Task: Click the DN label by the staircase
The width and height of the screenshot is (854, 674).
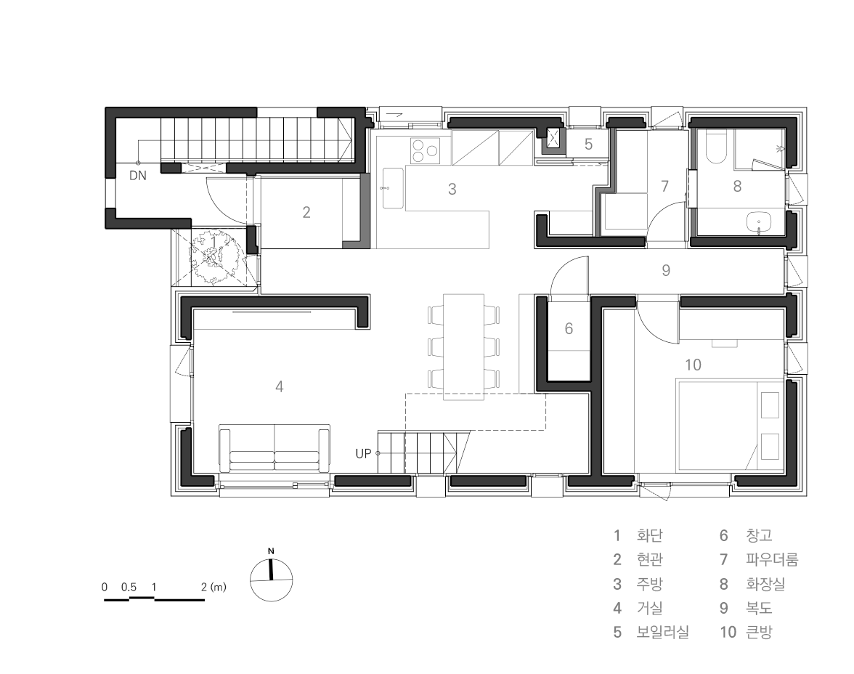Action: [x=138, y=176]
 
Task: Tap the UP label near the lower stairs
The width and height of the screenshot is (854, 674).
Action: [x=363, y=453]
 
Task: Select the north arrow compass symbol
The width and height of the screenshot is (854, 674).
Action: [x=272, y=580]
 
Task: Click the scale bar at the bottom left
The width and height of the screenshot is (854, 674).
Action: [x=155, y=599]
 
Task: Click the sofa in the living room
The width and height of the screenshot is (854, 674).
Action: [x=274, y=449]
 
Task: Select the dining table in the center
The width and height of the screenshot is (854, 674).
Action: [x=463, y=347]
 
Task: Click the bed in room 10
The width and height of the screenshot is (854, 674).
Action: [x=730, y=426]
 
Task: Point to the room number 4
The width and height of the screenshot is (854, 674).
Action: [x=280, y=387]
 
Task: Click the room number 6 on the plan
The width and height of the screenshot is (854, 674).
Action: [x=569, y=328]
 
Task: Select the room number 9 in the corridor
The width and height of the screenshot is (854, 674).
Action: [x=665, y=270]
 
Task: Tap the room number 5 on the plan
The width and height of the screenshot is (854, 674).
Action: [x=588, y=144]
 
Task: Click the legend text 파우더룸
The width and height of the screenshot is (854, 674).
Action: [x=772, y=559]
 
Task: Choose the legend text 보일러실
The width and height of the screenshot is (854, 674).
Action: [x=663, y=632]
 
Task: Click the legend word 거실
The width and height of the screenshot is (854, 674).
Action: [x=650, y=607]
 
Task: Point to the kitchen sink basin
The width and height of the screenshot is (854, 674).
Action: [x=393, y=188]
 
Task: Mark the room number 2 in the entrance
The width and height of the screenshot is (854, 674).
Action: [x=306, y=212]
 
